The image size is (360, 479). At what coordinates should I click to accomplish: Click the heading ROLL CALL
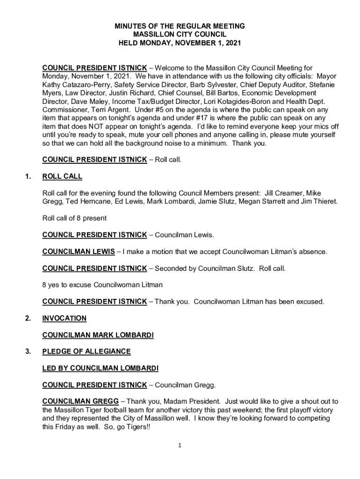(62, 176)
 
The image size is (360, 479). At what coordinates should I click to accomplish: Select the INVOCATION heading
(64, 319)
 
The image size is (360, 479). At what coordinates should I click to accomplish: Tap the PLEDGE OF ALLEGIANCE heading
(86, 351)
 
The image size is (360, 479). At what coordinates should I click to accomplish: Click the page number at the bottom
(180, 445)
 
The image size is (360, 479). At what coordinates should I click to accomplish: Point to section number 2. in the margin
(28, 319)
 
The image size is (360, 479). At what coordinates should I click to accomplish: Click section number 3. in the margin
(28, 351)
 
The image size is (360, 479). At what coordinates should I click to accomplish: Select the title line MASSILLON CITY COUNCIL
(180, 35)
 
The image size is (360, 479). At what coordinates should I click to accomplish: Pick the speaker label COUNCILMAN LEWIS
(79, 252)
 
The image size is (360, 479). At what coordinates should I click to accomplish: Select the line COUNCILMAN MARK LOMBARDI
(98, 335)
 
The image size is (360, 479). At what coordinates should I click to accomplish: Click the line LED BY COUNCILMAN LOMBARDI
(100, 368)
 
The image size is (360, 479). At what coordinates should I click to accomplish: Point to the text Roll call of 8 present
(74, 218)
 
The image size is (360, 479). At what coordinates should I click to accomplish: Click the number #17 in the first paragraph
(209, 118)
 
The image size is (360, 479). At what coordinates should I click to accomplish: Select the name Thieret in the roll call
(324, 201)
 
